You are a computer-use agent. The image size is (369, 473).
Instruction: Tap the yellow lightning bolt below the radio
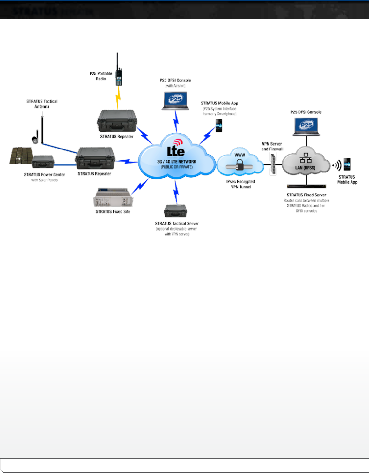(118, 97)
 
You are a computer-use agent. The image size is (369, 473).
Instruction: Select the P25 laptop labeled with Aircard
(175, 101)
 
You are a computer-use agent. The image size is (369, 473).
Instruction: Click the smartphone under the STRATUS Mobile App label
(219, 126)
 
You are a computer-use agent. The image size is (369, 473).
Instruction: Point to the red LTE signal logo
(178, 142)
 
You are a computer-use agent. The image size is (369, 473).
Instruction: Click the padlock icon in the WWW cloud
(240, 165)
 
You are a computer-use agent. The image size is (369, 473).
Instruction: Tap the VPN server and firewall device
(273, 164)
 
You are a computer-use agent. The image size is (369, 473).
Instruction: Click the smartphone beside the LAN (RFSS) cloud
(347, 164)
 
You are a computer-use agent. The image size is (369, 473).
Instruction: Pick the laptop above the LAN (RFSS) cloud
(306, 126)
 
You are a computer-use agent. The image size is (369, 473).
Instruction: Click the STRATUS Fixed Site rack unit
(113, 198)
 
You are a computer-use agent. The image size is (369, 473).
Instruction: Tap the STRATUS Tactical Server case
(175, 211)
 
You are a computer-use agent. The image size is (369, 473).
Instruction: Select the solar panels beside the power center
(21, 156)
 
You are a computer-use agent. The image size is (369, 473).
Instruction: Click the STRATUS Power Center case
(43, 161)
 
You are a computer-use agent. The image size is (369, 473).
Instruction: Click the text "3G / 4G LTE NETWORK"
(177, 162)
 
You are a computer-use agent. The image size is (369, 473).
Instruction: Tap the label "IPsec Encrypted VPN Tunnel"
(241, 184)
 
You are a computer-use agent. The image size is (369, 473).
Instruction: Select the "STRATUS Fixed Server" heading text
(306, 195)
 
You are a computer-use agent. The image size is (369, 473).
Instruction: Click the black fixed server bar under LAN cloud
(306, 186)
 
